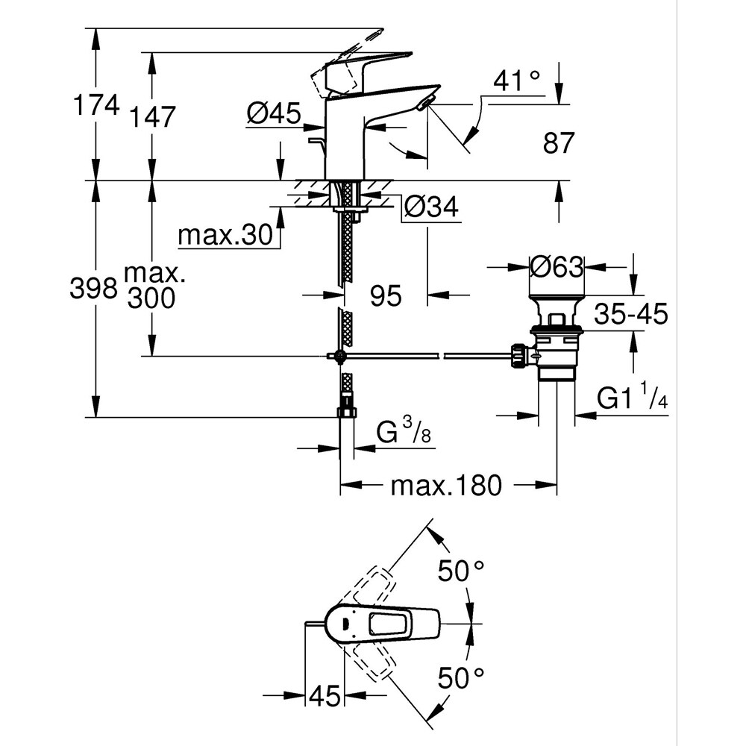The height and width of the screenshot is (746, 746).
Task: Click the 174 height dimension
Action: pos(95,106)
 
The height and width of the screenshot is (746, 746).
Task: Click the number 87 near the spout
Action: pos(559,142)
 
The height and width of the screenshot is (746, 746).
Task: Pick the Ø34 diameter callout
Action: pos(430,208)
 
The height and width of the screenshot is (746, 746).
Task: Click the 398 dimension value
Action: pos(93,288)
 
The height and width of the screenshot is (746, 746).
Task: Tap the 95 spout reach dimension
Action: pos(386,296)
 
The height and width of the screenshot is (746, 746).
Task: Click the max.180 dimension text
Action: pos(445,486)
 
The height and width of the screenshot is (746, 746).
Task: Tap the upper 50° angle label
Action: pos(461,573)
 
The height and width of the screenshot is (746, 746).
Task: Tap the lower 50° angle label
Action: pos(461,679)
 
